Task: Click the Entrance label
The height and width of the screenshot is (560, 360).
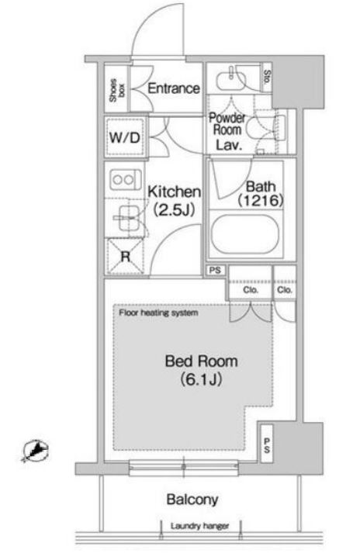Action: point(174,88)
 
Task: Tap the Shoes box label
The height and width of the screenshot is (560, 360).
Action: point(117,90)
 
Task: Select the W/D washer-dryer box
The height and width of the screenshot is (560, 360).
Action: point(126,137)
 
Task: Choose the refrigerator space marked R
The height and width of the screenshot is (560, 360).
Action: point(126,256)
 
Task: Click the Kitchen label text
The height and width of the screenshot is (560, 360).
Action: point(175,192)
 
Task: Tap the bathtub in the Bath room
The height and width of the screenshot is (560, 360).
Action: point(244,234)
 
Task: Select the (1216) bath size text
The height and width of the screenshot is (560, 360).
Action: point(261,200)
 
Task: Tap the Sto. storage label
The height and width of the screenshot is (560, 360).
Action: point(267,77)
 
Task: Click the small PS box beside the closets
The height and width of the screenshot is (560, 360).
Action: point(216,271)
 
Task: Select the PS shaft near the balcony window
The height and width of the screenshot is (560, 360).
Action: point(267,444)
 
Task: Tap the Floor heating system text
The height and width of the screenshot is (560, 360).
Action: point(158,313)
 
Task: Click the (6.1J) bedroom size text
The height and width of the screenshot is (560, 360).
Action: point(202,379)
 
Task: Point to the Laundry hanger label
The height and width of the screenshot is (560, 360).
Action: point(199,526)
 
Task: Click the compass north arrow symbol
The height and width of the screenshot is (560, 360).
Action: point(35,451)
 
